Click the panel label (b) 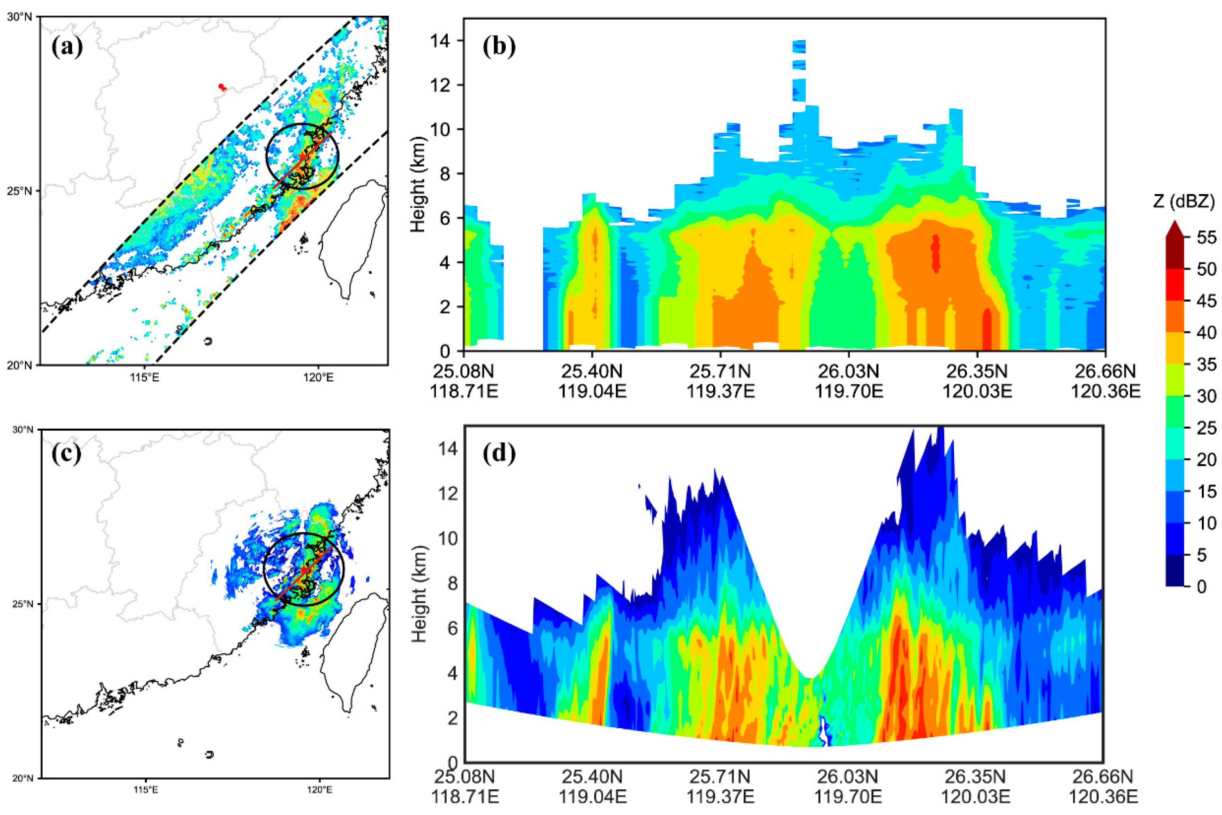tap(499, 47)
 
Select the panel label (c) tap(66, 454)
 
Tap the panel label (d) tap(499, 454)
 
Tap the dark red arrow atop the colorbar tap(1175, 229)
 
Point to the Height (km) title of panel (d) tap(419, 594)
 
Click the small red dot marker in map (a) tap(221, 86)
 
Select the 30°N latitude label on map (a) tap(19, 17)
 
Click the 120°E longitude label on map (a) tap(318, 377)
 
